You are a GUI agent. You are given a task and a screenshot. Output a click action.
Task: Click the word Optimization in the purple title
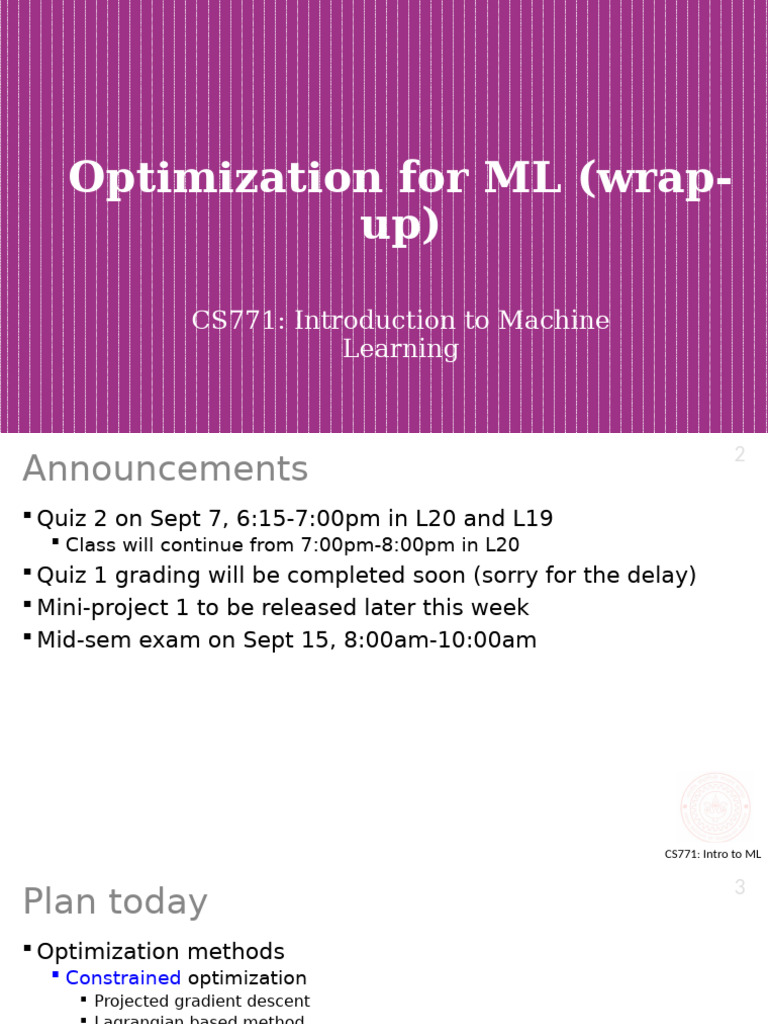coord(225,178)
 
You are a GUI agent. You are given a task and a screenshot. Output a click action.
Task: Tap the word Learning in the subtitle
coord(400,349)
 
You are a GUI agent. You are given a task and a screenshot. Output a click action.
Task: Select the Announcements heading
coord(165,469)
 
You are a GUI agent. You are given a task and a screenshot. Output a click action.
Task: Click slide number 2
coord(739,455)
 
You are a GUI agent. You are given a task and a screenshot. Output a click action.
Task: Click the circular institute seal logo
coord(715,807)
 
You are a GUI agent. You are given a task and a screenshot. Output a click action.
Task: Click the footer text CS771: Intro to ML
coord(712,854)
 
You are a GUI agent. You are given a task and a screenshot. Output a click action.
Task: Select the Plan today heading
coord(115,902)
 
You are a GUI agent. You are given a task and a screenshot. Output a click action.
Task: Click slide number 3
coord(739,887)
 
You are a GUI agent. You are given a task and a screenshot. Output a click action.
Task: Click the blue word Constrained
coord(123,978)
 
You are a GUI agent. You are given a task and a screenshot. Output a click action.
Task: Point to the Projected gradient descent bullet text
coord(202,1001)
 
